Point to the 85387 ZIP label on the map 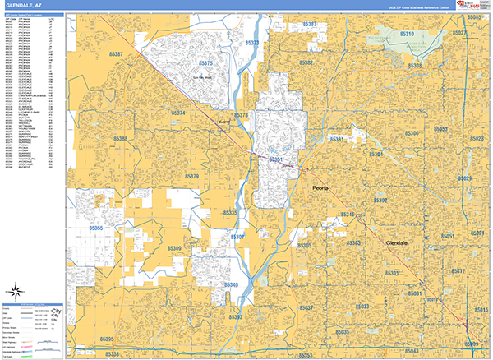115,55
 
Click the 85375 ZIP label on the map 205,63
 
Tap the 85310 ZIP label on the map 407,35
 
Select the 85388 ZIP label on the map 120,140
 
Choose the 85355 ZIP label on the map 98,228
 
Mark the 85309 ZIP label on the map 174,248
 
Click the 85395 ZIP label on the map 107,338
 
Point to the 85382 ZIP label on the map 306,62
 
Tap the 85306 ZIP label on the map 412,133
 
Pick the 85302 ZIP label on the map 381,201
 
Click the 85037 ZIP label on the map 306,307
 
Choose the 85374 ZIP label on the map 178,113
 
